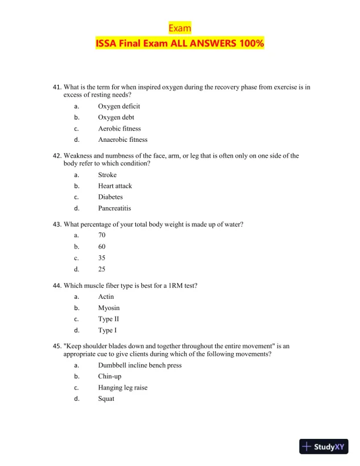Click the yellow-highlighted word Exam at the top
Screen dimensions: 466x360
click(179, 28)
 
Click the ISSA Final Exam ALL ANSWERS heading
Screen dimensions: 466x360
click(179, 44)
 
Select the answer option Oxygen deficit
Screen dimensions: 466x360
click(119, 106)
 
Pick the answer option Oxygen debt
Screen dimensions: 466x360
click(116, 118)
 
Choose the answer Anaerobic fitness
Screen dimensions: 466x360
click(122, 140)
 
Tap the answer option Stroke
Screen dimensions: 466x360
click(107, 175)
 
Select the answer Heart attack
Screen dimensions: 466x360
click(115, 186)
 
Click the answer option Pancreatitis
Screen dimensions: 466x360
click(114, 208)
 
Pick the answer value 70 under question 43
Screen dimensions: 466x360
click(102, 235)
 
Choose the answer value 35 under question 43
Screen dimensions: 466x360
click(102, 258)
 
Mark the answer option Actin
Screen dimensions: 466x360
click(106, 297)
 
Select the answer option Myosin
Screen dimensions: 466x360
click(109, 308)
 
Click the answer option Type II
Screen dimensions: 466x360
click(109, 319)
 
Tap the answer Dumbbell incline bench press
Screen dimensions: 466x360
click(139, 365)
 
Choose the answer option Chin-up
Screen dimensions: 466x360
click(110, 377)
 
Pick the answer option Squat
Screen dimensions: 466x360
click(106, 399)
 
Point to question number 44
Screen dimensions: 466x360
click(57, 285)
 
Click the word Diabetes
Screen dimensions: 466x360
click(111, 197)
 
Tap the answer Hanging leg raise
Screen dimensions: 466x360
click(123, 388)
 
